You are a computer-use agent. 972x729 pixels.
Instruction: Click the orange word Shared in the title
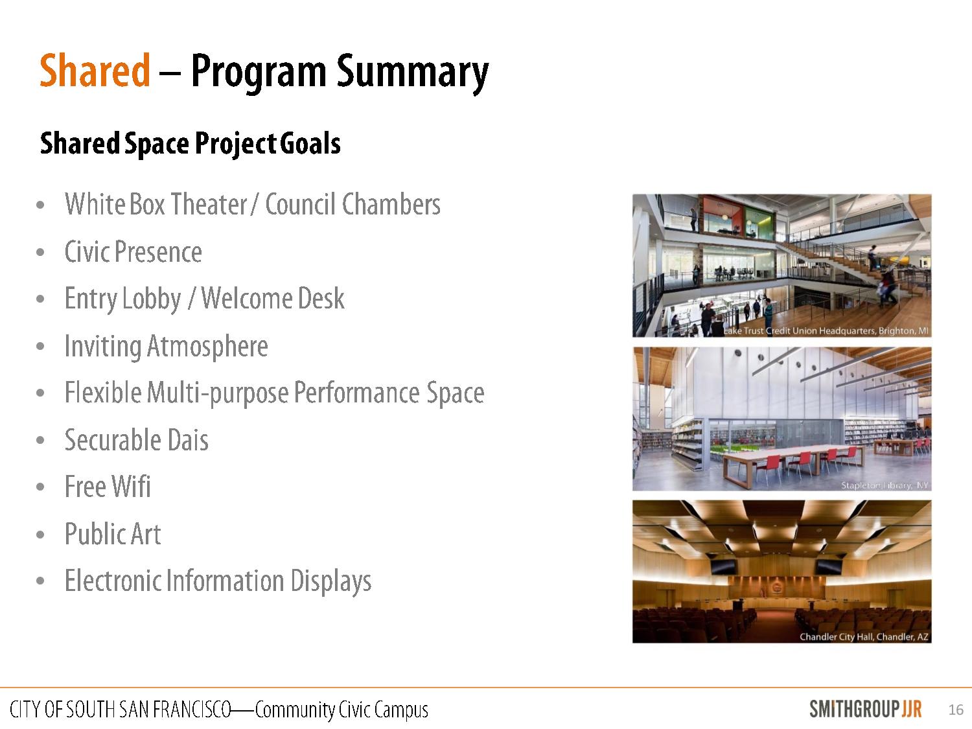click(95, 70)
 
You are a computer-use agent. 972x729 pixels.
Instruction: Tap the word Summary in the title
click(412, 73)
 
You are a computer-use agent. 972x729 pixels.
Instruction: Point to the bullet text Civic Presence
click(133, 252)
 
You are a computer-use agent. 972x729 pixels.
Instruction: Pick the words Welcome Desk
click(273, 298)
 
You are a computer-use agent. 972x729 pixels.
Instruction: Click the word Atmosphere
click(207, 346)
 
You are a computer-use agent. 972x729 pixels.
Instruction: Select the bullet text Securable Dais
click(136, 440)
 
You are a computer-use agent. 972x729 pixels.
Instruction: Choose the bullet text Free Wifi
click(108, 487)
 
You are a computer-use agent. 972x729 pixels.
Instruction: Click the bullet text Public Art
click(113, 533)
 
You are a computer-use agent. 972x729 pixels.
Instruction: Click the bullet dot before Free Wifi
click(40, 487)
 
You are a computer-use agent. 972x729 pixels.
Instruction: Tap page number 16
click(956, 710)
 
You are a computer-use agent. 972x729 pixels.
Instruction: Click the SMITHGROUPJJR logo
click(865, 709)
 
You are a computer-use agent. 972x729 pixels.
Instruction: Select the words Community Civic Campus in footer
click(341, 710)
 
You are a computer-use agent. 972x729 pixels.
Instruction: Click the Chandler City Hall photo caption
click(864, 636)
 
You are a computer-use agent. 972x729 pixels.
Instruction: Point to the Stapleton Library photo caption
click(885, 485)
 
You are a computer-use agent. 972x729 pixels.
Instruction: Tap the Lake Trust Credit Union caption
click(826, 331)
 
